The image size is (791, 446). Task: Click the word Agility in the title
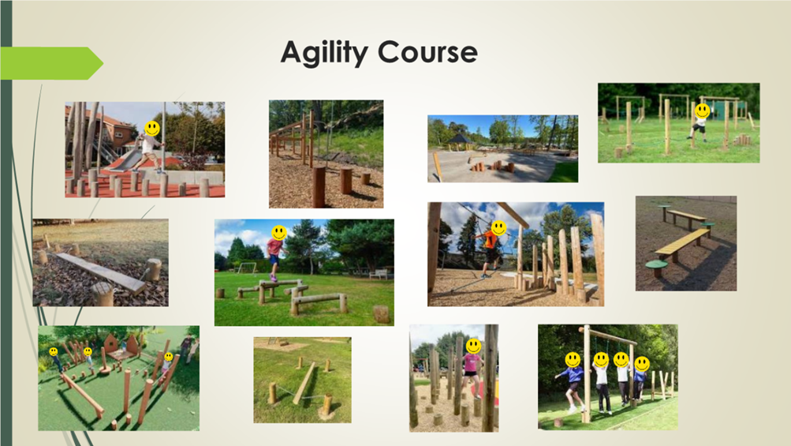click(x=324, y=53)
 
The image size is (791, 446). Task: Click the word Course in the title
click(x=427, y=52)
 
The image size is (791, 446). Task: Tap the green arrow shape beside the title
click(x=51, y=63)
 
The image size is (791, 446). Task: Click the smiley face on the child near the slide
click(x=152, y=129)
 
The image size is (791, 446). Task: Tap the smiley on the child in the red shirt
click(x=279, y=233)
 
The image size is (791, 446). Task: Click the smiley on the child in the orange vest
click(x=499, y=228)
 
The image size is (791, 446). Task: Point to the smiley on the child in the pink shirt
click(x=473, y=346)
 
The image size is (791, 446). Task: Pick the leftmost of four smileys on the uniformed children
click(x=573, y=360)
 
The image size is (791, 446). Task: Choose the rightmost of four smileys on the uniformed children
click(x=642, y=364)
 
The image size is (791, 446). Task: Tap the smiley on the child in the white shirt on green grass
click(x=702, y=111)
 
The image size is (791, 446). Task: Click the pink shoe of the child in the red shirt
click(x=274, y=278)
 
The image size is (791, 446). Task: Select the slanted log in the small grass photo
click(x=304, y=384)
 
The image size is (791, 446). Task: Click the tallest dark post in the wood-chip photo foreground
click(x=319, y=186)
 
